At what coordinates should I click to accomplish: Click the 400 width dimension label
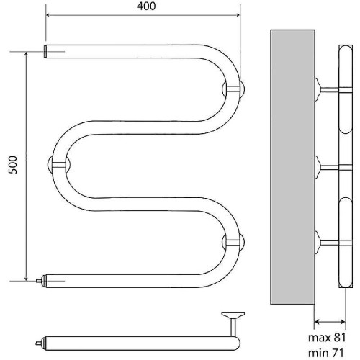146,6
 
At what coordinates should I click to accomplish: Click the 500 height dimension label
13,165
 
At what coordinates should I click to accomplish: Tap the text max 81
327,338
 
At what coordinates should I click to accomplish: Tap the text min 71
326,353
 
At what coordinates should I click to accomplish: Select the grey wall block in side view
292,167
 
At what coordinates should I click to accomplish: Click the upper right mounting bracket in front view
233,89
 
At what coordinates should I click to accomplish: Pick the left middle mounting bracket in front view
59,164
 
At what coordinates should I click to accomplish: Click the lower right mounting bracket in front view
233,243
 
